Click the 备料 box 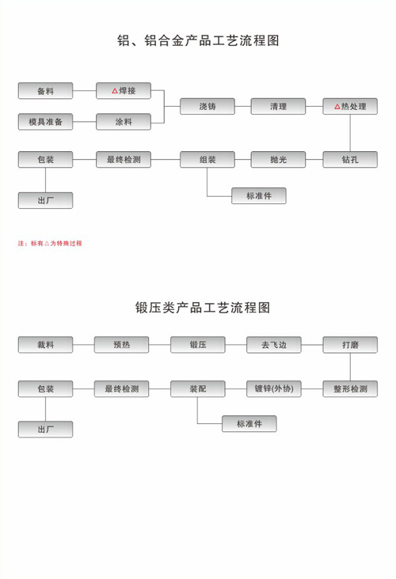45,91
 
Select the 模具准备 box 45,122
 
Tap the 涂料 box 124,122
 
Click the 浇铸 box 208,106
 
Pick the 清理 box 279,106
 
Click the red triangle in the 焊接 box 115,91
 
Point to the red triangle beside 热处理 337,107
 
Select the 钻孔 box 350,160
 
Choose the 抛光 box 279,160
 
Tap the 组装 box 208,160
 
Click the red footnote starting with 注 50,244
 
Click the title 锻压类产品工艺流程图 203,307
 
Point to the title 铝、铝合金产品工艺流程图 198,40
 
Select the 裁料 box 45,345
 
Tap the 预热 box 122,345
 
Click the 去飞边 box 274,345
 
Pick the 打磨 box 350,345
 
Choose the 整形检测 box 350,389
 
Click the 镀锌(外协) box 274,389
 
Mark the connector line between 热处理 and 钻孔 350,133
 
